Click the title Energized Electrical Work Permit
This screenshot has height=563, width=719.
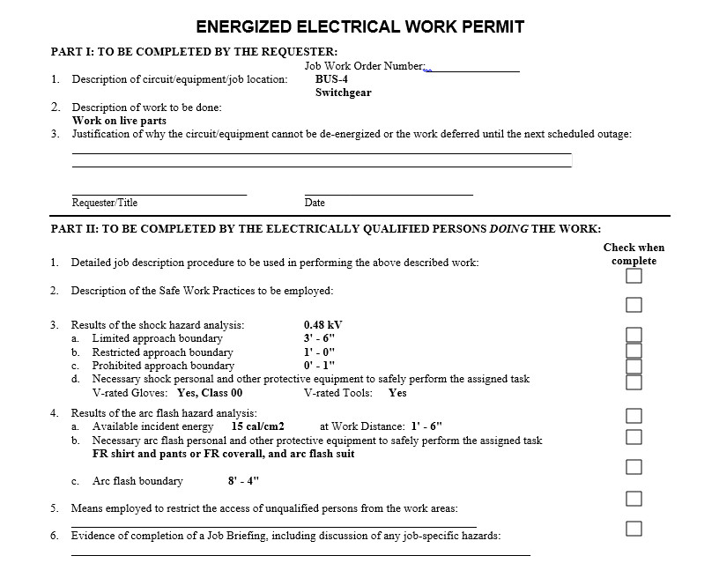click(359, 26)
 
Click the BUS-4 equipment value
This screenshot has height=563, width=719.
click(330, 78)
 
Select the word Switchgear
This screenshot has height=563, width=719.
click(343, 93)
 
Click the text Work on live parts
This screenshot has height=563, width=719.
click(119, 121)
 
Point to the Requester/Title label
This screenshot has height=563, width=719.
click(104, 203)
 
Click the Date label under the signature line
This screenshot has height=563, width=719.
click(315, 203)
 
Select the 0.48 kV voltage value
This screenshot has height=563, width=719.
click(322, 324)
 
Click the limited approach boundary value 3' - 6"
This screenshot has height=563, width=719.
click(319, 338)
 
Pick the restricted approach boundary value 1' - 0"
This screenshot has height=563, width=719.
click(319, 352)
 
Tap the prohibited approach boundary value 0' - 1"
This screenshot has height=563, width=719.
click(319, 365)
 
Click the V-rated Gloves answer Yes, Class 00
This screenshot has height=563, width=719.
click(210, 393)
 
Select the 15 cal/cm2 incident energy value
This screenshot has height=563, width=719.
click(257, 426)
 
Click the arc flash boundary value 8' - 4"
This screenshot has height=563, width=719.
click(243, 481)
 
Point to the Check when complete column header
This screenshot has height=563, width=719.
click(634, 254)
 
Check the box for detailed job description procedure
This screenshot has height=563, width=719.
click(634, 277)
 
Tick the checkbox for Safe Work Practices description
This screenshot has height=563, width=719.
click(634, 305)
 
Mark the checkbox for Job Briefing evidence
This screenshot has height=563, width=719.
click(634, 528)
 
